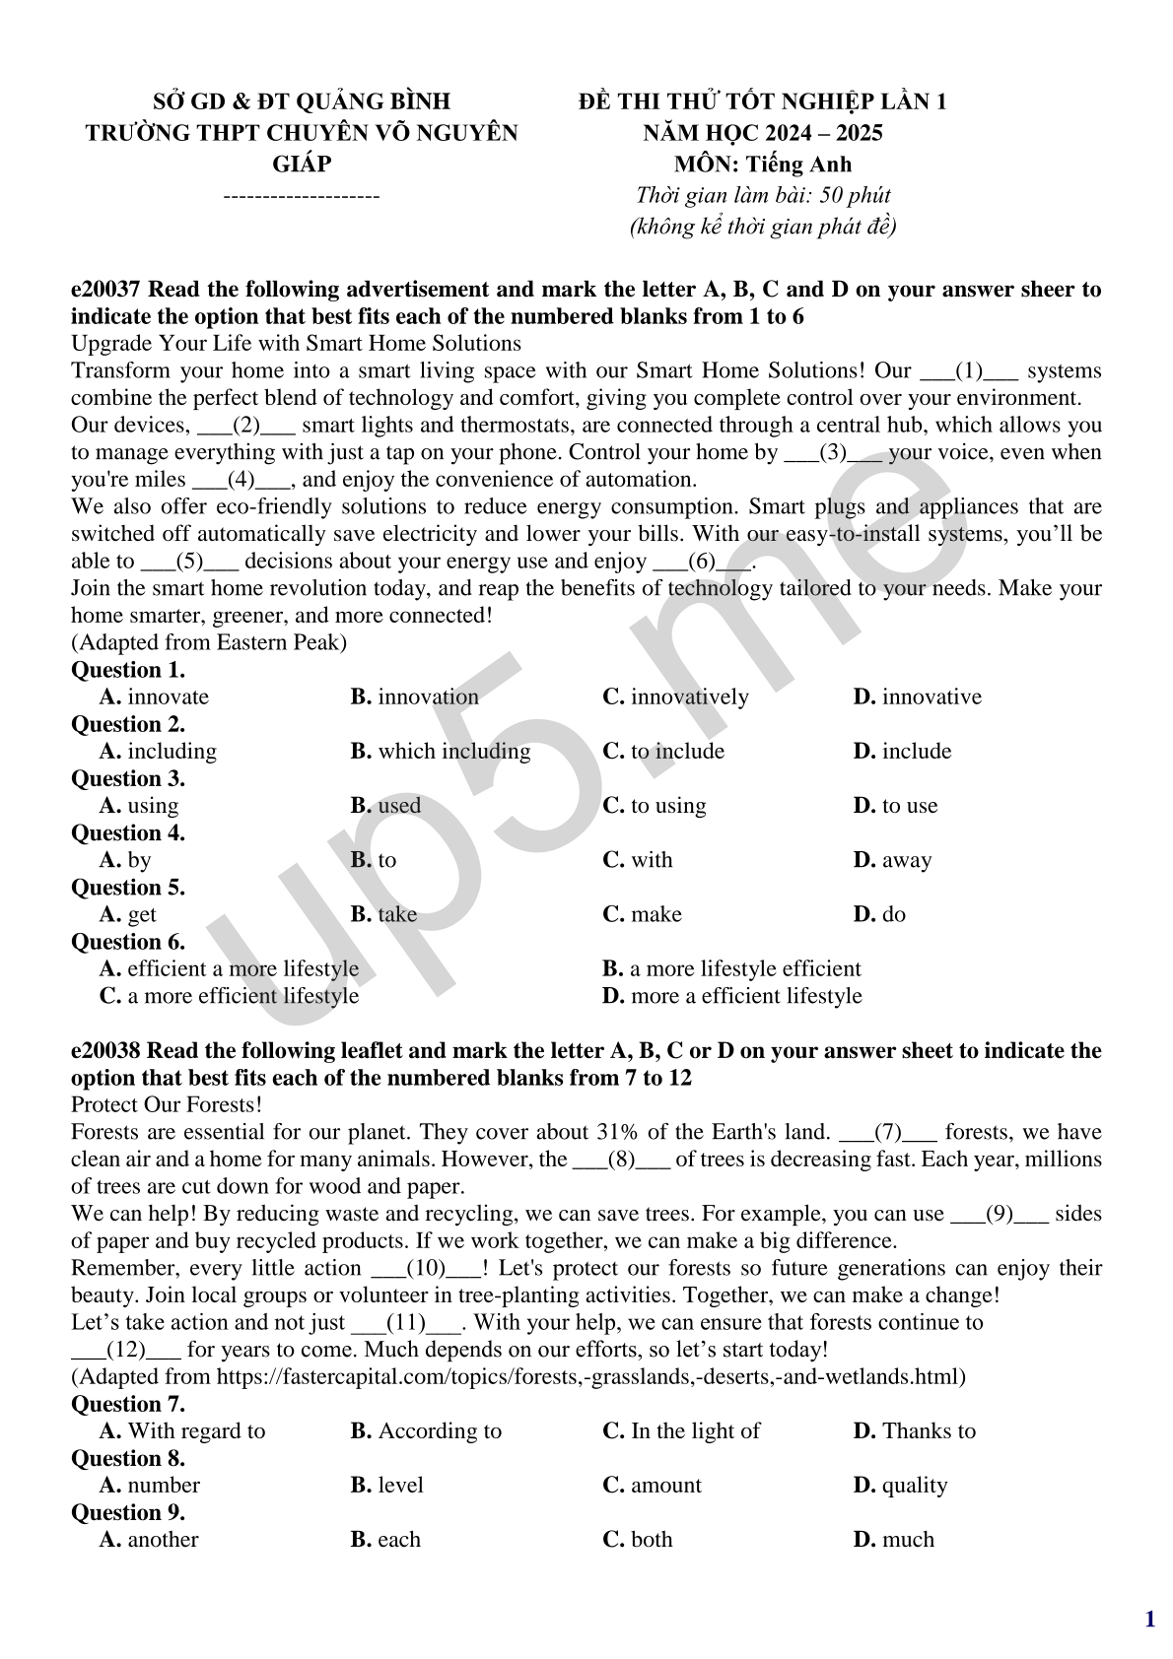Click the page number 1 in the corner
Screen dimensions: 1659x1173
click(x=1149, y=1619)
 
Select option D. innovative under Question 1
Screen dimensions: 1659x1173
click(x=917, y=697)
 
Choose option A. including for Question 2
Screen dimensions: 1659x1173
click(x=158, y=751)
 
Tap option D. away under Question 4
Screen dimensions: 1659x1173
click(x=892, y=860)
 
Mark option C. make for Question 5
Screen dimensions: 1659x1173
click(x=642, y=914)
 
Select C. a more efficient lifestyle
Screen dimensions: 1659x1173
click(x=229, y=996)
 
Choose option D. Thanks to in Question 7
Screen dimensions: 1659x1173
click(x=914, y=1430)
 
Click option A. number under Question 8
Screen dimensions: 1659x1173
click(x=150, y=1485)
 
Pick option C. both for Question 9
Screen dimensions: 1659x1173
click(x=638, y=1539)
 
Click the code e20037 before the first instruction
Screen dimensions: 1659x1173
click(x=106, y=290)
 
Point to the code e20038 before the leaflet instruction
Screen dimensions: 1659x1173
click(x=106, y=1051)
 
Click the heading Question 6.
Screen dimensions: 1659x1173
click(x=128, y=942)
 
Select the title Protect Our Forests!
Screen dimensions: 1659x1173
click(x=167, y=1105)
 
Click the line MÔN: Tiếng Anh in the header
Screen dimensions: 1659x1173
click(x=762, y=164)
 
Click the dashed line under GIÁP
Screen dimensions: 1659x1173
click(x=302, y=196)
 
